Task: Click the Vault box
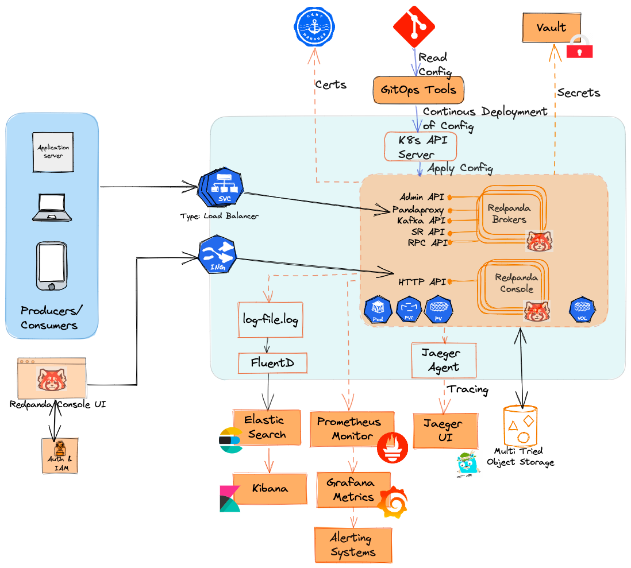tap(551, 28)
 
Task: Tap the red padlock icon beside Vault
tap(579, 47)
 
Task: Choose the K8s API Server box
tap(420, 147)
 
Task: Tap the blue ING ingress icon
tap(217, 256)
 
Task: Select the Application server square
tap(53, 152)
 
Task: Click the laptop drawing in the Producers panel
tap(52, 208)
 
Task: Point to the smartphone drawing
tap(52, 266)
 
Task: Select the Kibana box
tap(270, 489)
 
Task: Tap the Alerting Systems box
tap(353, 545)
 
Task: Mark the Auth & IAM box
tap(59, 456)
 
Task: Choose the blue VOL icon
tap(582, 310)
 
